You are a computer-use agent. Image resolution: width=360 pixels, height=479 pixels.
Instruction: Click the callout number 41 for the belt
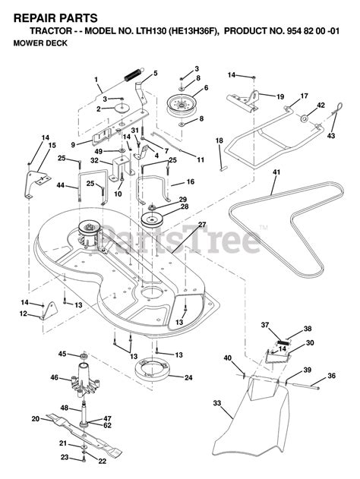(x=276, y=172)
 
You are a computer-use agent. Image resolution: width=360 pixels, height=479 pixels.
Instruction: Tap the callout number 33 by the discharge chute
(x=216, y=403)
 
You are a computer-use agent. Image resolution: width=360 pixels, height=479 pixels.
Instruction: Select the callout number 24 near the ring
(x=188, y=377)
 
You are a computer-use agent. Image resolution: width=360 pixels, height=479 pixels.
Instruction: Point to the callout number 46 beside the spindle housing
(x=55, y=377)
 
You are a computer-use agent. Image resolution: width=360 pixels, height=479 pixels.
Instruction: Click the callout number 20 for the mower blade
(x=36, y=418)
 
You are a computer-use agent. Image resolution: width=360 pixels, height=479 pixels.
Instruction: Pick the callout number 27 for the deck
(x=202, y=225)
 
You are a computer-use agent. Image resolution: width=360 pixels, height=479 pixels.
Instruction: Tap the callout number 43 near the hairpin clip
(x=331, y=136)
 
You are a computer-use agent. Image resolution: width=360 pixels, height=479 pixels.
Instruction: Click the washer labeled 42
(x=305, y=118)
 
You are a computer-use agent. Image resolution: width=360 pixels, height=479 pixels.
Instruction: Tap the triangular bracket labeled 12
(x=49, y=311)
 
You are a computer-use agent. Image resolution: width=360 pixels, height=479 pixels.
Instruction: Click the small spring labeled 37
(x=282, y=342)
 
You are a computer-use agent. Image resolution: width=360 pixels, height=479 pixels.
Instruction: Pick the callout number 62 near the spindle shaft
(x=108, y=425)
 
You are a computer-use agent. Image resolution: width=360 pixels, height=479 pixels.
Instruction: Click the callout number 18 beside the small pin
(x=219, y=140)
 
